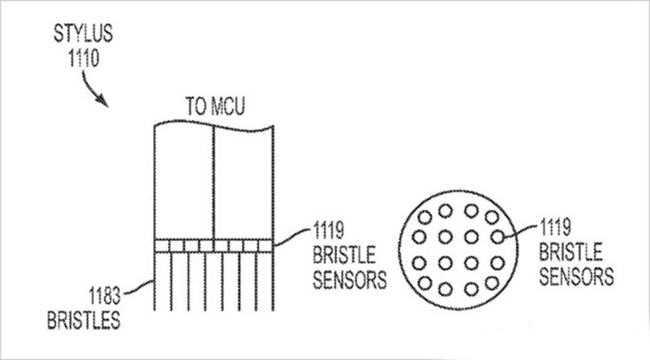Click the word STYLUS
[x=83, y=34]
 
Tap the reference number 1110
[x=84, y=58]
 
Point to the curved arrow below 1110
[x=93, y=88]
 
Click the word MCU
[x=227, y=106]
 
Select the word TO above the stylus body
[x=196, y=106]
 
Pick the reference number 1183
[x=105, y=296]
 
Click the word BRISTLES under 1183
[x=84, y=320]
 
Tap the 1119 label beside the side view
[x=329, y=230]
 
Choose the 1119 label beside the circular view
[x=555, y=228]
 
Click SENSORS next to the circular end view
[x=576, y=276]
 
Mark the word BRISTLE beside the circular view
[x=571, y=252]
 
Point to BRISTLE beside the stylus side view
[x=344, y=255]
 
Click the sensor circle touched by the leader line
[x=497, y=237]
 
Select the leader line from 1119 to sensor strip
[x=292, y=237]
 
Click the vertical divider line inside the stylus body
[x=214, y=182]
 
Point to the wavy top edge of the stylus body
[x=214, y=125]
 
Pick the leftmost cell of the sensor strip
[x=162, y=246]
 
